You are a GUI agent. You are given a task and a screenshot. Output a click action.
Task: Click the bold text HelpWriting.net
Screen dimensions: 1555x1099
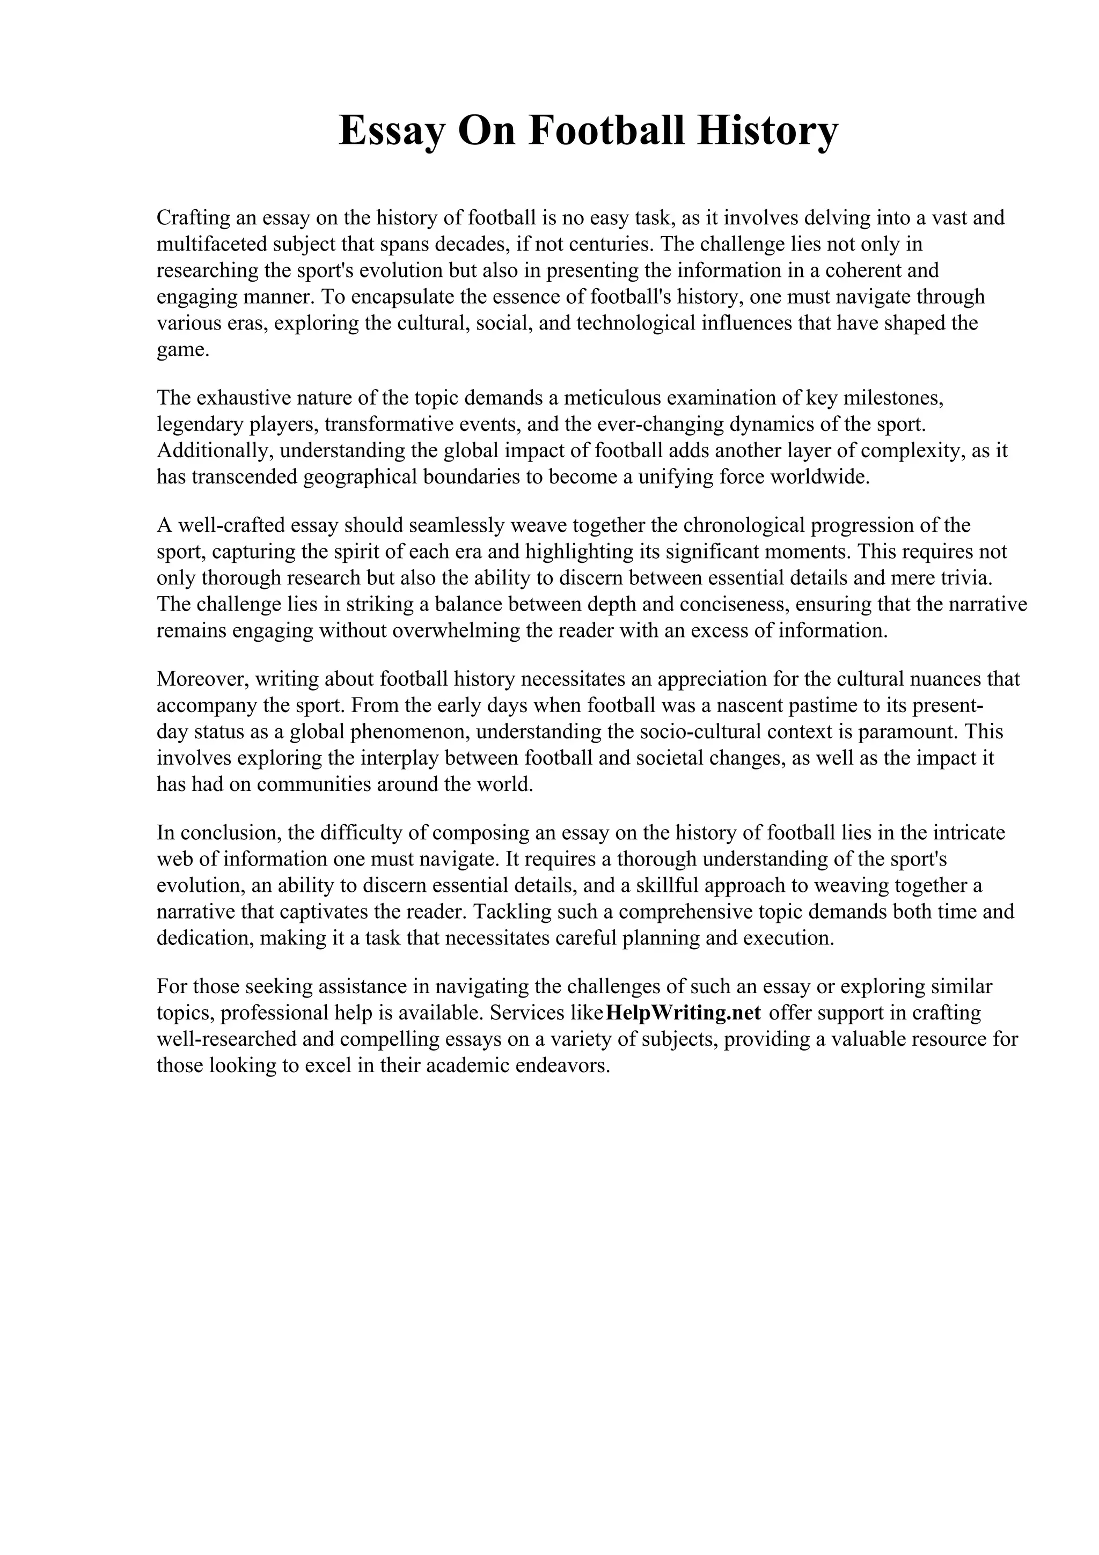pos(683,1013)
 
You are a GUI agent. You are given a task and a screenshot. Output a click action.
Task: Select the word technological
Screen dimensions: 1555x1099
pos(636,323)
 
